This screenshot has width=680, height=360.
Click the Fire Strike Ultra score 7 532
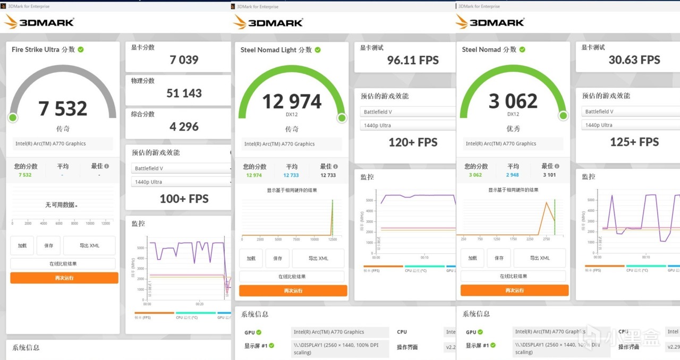[63, 108]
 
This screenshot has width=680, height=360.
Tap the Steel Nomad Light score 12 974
[292, 101]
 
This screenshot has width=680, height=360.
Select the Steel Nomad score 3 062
[513, 101]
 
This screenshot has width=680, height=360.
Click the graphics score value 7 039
[184, 60]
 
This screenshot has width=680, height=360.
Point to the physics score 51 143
[184, 93]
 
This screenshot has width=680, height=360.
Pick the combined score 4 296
[184, 127]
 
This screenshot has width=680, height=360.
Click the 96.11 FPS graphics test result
[413, 61]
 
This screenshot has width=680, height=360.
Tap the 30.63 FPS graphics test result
[634, 60]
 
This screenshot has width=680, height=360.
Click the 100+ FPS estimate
[184, 199]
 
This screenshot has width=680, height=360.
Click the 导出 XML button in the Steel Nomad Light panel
[318, 258]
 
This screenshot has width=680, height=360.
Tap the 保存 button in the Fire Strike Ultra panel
[48, 246]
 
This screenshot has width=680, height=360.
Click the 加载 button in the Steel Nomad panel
[472, 258]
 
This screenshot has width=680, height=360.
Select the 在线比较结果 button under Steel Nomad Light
[292, 277]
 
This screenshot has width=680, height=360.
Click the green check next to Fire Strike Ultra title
[81, 49]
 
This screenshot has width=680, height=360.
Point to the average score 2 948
[513, 175]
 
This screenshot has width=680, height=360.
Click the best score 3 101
[550, 175]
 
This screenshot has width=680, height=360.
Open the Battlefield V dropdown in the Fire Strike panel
[181, 168]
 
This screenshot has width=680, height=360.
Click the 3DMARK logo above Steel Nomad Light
[268, 22]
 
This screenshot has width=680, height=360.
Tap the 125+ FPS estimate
[634, 142]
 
